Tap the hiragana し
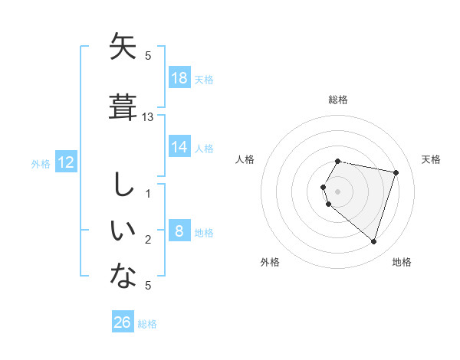(x=123, y=185)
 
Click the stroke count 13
(x=148, y=116)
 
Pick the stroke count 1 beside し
(x=148, y=193)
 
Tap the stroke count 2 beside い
(x=148, y=240)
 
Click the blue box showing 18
(x=179, y=78)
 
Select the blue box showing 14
(x=179, y=147)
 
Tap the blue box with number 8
(x=179, y=231)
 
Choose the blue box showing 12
(x=65, y=162)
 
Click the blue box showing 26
(x=123, y=322)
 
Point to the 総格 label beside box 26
(x=147, y=324)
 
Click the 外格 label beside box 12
(x=41, y=164)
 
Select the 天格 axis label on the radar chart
(x=432, y=159)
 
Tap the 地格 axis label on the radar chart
(x=402, y=262)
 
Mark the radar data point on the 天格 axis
(x=396, y=172)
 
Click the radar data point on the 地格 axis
(x=373, y=241)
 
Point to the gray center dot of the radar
(x=338, y=191)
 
